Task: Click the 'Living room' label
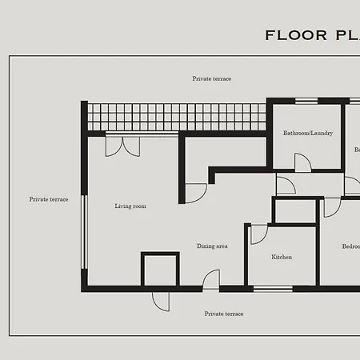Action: pyautogui.click(x=130, y=206)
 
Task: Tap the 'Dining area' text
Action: pyautogui.click(x=212, y=246)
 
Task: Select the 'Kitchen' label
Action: pyautogui.click(x=282, y=258)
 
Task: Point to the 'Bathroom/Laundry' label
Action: pyautogui.click(x=307, y=134)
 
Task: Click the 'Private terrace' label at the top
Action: pyautogui.click(x=212, y=79)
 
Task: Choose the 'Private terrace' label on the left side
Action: pyautogui.click(x=49, y=199)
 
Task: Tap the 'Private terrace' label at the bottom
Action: pyautogui.click(x=223, y=314)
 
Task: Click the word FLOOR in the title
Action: pyautogui.click(x=296, y=35)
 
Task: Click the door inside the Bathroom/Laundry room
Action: pyautogui.click(x=302, y=162)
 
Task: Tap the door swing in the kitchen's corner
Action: pyautogui.click(x=258, y=234)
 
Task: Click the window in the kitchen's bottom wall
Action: pyautogui.click(x=273, y=288)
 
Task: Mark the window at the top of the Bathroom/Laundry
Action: pyautogui.click(x=306, y=101)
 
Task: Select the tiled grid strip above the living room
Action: pyautogui.click(x=176, y=117)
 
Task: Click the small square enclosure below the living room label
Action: pyautogui.click(x=159, y=269)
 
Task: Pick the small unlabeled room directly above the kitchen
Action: pyautogui.click(x=295, y=211)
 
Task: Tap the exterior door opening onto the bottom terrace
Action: pyautogui.click(x=161, y=301)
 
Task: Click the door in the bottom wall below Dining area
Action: pyautogui.click(x=211, y=280)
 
